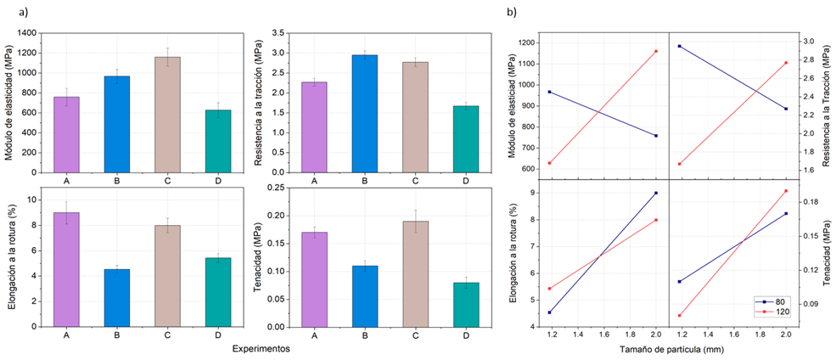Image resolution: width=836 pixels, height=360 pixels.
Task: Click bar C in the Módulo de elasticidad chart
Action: pyautogui.click(x=167, y=115)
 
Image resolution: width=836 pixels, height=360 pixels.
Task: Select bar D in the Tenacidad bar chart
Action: pyautogui.click(x=466, y=304)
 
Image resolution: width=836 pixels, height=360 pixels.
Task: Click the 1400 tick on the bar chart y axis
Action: pyautogui.click(x=28, y=32)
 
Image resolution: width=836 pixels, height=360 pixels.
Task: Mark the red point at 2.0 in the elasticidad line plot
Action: pyautogui.click(x=656, y=51)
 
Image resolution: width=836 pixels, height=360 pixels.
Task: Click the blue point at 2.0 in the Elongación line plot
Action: pyautogui.click(x=656, y=193)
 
